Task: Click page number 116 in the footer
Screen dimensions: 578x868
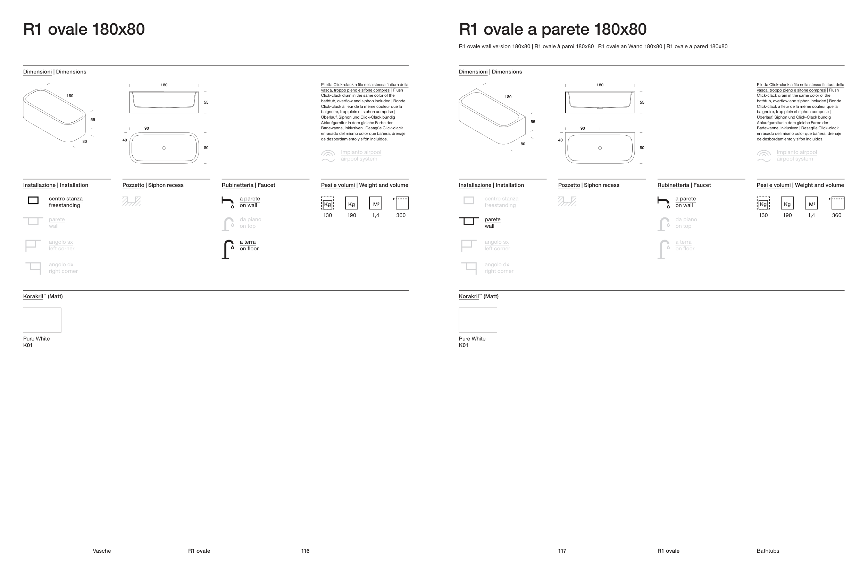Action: (305, 551)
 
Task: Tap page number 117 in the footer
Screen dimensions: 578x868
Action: (562, 551)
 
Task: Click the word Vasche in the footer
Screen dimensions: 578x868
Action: (102, 551)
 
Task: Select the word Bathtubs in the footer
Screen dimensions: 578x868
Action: (768, 551)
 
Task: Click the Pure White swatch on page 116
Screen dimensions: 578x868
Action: (42, 320)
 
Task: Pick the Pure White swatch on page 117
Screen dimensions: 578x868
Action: (478, 320)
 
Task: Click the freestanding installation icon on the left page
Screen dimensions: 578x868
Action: (33, 200)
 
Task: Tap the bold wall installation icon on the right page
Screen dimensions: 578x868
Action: (469, 221)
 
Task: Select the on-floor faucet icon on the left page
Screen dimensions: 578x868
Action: (228, 249)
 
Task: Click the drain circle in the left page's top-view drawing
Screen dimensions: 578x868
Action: (164, 148)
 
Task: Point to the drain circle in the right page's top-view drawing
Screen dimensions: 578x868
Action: (600, 148)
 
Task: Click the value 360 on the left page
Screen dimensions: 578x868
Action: (401, 215)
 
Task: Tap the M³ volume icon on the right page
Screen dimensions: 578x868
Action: (811, 203)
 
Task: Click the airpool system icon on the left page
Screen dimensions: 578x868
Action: (328, 156)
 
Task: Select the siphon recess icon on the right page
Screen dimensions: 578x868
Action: (567, 201)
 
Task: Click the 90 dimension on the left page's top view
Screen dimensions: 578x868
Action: (147, 128)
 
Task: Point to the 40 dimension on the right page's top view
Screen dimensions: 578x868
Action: (560, 140)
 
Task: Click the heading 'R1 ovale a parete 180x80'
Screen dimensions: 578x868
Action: (552, 29)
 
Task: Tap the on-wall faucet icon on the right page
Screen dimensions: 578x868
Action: (663, 202)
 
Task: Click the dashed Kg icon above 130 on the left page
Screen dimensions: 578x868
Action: (328, 203)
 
